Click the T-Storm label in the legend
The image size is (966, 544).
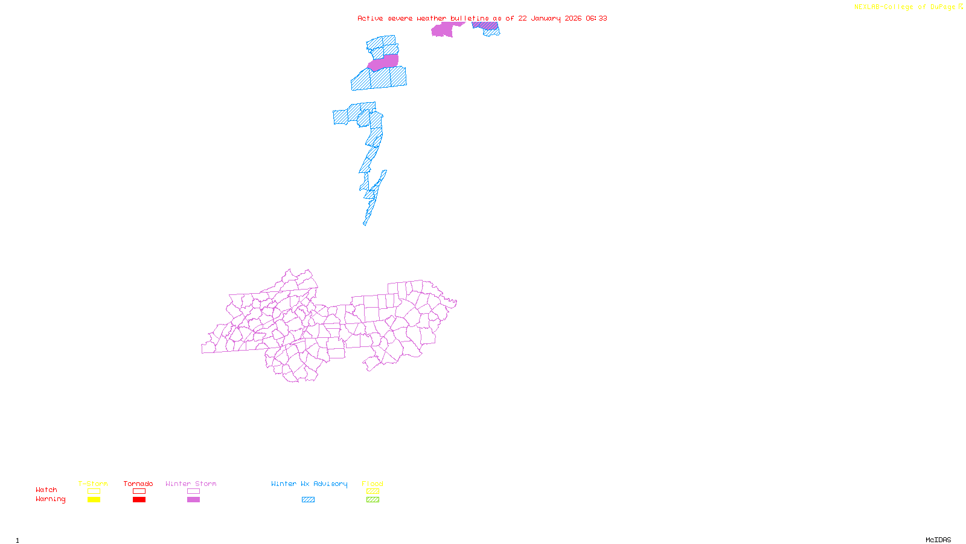[93, 484]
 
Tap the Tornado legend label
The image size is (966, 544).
[138, 484]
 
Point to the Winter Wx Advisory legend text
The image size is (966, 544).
[309, 484]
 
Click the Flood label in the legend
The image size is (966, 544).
[373, 484]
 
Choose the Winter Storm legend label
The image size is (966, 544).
[191, 484]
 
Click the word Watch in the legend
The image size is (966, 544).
[46, 490]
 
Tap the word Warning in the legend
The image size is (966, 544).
[50, 499]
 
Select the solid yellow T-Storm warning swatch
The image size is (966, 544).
[94, 500]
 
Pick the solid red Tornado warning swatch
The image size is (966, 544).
[139, 500]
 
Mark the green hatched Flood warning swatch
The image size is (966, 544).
[373, 500]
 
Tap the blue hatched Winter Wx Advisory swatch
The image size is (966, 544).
[309, 500]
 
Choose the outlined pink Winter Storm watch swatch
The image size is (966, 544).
[194, 491]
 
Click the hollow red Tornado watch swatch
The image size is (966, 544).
[139, 491]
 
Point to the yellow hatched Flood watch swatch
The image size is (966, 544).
[373, 491]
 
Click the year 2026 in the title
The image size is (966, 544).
[573, 18]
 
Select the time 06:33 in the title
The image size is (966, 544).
[597, 18]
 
